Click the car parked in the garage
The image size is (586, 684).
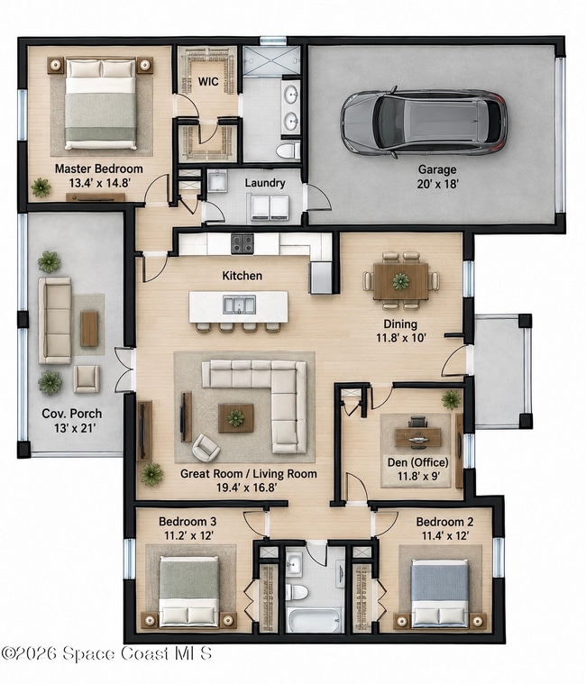click(424, 121)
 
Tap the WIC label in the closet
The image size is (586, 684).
click(208, 82)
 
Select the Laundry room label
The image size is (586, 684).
click(265, 183)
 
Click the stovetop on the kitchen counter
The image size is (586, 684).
click(243, 244)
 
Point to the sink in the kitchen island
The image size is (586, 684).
click(239, 305)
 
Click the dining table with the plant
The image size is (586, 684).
click(401, 281)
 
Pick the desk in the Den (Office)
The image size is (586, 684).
click(417, 438)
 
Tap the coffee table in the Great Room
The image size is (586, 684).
click(235, 418)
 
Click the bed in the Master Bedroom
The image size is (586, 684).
click(100, 105)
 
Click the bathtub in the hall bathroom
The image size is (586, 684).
click(313, 620)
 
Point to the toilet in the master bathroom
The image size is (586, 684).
click(288, 150)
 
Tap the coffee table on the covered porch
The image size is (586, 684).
click(89, 328)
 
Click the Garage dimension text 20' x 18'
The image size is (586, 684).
click(437, 184)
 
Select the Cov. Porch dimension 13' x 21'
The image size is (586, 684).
click(75, 428)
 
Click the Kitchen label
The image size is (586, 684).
click(243, 276)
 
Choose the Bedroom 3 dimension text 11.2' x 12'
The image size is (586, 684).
click(188, 535)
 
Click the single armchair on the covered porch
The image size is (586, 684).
click(86, 378)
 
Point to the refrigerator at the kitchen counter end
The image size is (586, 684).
click(321, 278)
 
